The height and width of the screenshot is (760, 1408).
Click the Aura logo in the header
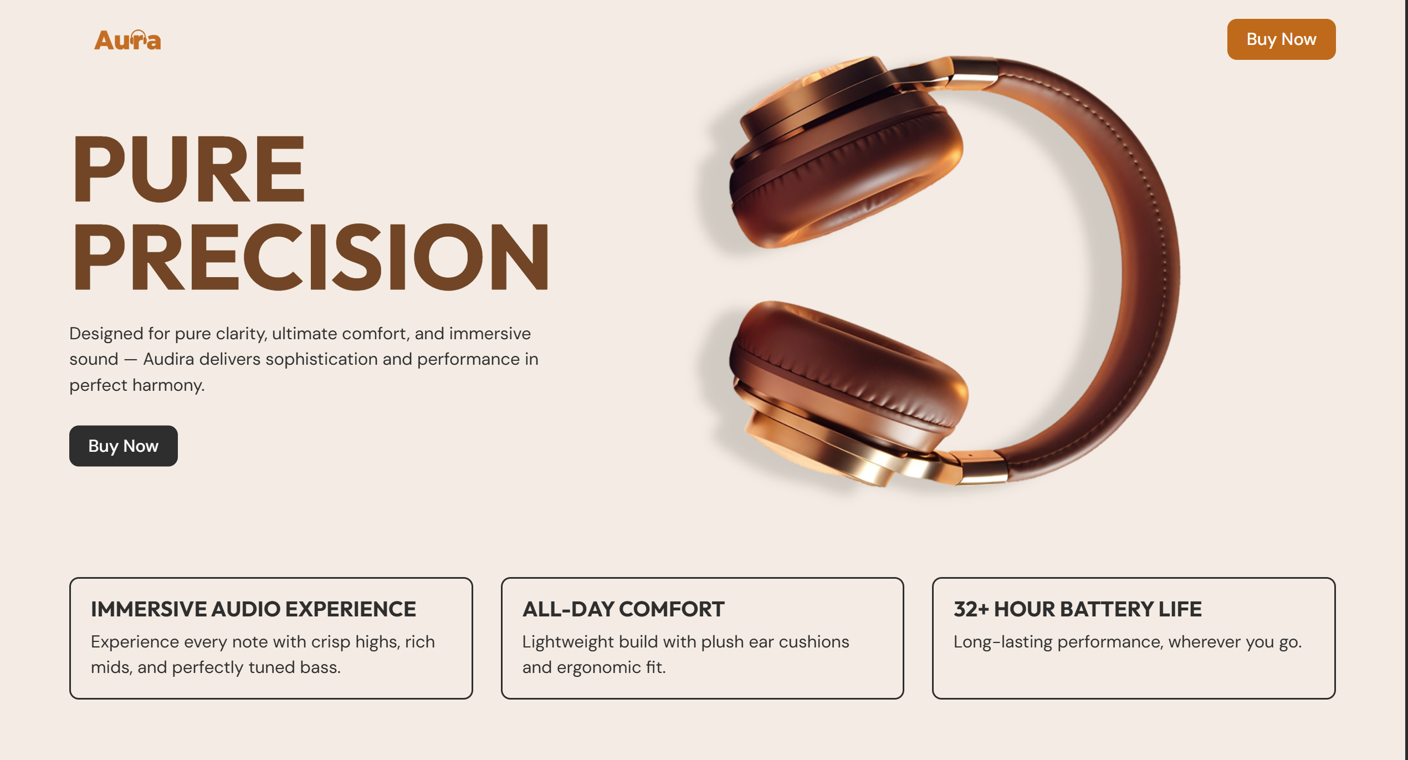(127, 40)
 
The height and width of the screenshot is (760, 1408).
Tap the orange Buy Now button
(1281, 39)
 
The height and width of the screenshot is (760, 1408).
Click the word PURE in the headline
(189, 169)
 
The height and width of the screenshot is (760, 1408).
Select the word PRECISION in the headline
(311, 257)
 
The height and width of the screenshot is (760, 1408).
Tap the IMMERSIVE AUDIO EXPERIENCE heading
(253, 609)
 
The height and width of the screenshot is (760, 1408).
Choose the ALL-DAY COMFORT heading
(623, 609)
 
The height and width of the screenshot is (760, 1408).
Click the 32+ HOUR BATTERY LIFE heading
(1077, 609)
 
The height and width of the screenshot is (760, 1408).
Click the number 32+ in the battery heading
(971, 609)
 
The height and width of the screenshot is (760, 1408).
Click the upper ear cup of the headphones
(848, 166)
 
